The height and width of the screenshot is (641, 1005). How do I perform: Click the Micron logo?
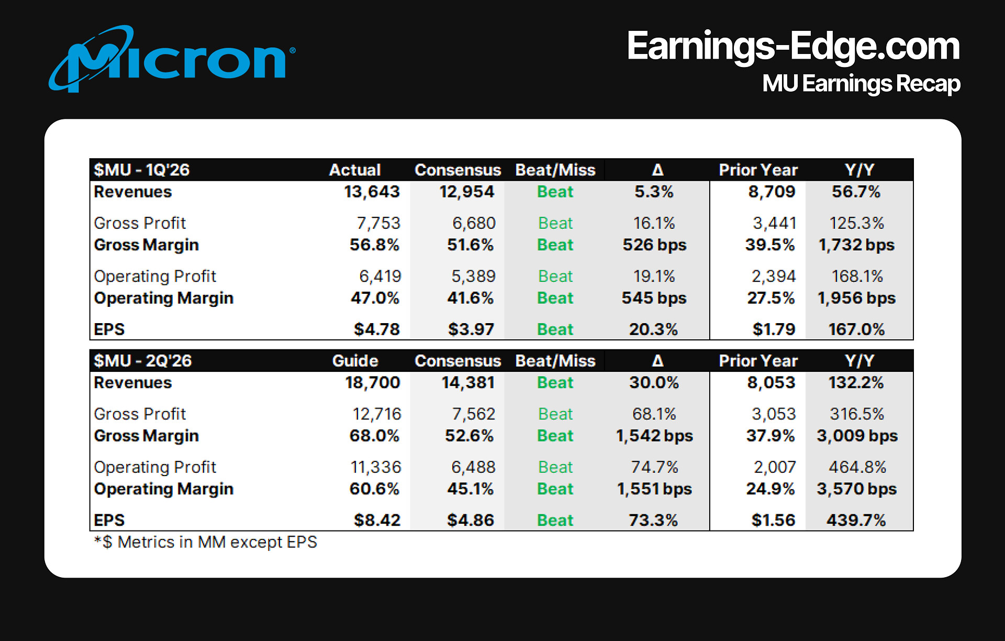pos(173,59)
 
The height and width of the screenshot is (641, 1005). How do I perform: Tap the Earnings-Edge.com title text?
pos(793,46)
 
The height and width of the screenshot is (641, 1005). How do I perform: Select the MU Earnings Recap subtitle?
pos(861,84)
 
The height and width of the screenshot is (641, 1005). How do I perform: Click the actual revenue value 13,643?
pos(372,192)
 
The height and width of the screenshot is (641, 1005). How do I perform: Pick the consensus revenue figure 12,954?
pos(466,192)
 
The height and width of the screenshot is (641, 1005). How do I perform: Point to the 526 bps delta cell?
pos(654,245)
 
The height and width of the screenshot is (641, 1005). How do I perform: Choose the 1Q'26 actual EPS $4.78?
pos(376,329)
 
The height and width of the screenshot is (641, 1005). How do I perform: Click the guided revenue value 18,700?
pos(372,382)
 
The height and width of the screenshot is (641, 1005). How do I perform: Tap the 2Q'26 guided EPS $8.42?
pos(376,520)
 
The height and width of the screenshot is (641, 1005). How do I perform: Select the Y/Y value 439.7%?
pos(856,520)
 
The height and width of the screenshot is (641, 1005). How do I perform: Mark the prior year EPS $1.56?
pos(773,520)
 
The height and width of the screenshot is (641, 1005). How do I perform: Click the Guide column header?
pos(355,360)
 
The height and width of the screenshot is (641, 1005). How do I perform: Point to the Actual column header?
pos(354,170)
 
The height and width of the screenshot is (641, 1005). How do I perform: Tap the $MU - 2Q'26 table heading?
pos(142,360)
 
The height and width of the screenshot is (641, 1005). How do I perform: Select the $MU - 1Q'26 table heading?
pos(141,170)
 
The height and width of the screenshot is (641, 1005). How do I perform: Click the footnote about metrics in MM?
pos(206,541)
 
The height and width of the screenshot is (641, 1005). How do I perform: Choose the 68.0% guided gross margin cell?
pos(374,435)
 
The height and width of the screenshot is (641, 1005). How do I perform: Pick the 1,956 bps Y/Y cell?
pos(856,297)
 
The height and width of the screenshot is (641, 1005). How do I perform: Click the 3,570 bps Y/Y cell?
pos(856,488)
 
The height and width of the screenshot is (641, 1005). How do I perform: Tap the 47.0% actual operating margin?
pos(375,297)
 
